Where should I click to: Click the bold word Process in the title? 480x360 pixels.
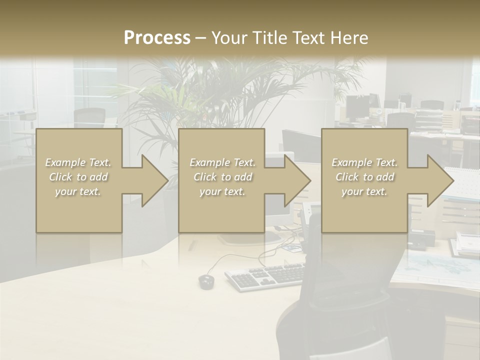coord(157,38)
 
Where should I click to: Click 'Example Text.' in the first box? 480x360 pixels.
coord(78,162)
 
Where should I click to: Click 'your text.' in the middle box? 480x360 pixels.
coord(222,191)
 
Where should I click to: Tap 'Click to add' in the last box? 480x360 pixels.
coord(365,177)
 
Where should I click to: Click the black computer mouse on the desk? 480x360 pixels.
coord(206,281)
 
